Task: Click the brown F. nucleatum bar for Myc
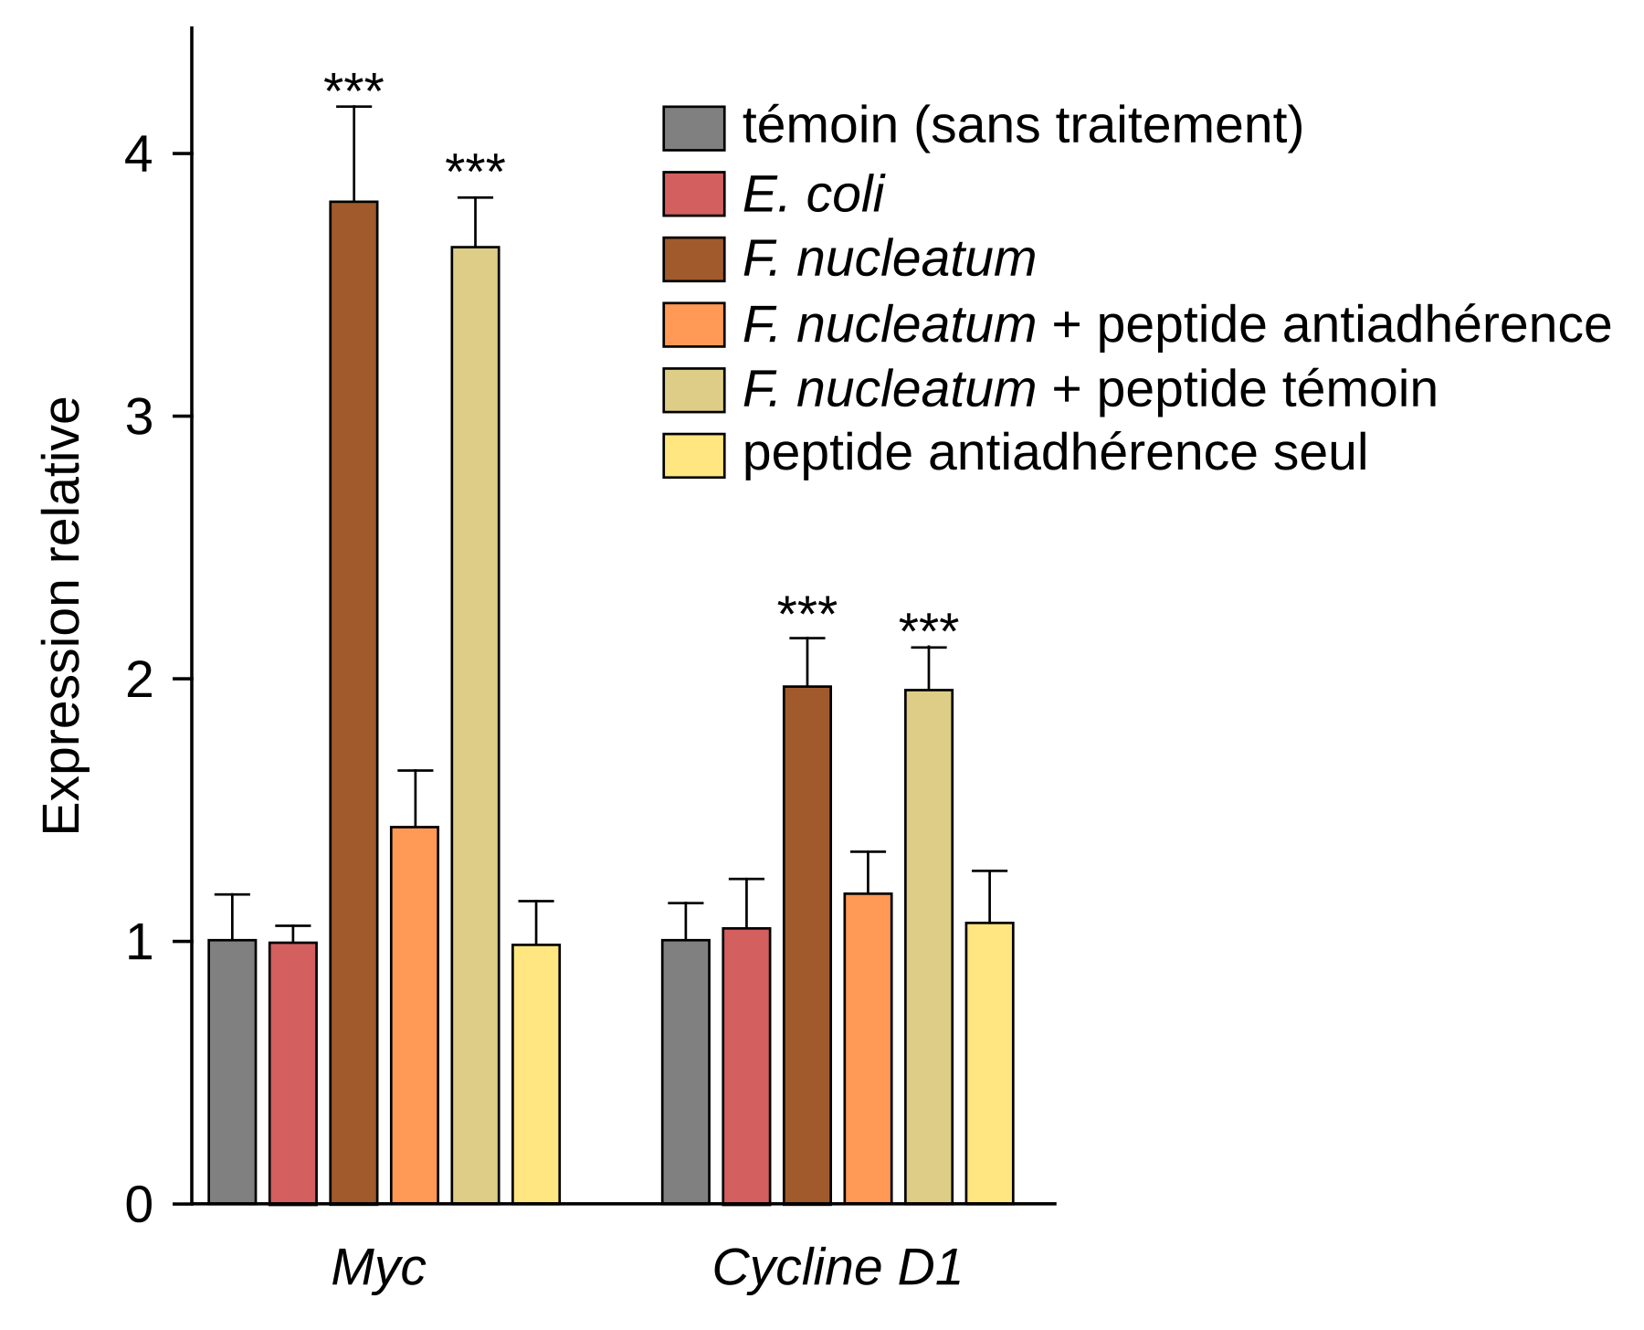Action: click(x=353, y=703)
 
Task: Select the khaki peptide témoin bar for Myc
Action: click(x=475, y=726)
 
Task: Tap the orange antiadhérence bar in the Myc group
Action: click(x=415, y=1014)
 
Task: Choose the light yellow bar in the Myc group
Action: click(x=536, y=1073)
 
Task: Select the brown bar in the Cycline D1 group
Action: click(x=807, y=945)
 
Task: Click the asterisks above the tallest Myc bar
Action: click(x=353, y=86)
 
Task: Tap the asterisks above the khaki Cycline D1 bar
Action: click(x=929, y=627)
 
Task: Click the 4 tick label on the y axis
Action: click(x=139, y=154)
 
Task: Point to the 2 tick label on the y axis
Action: click(x=139, y=680)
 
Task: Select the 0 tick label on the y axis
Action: click(x=139, y=1205)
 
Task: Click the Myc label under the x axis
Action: click(x=378, y=1268)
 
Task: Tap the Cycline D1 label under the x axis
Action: click(x=838, y=1268)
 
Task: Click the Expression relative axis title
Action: click(x=62, y=617)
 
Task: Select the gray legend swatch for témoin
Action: click(x=693, y=128)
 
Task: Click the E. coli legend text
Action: click(x=813, y=195)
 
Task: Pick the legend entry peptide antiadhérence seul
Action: click(x=1055, y=453)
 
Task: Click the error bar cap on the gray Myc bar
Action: click(x=232, y=894)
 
